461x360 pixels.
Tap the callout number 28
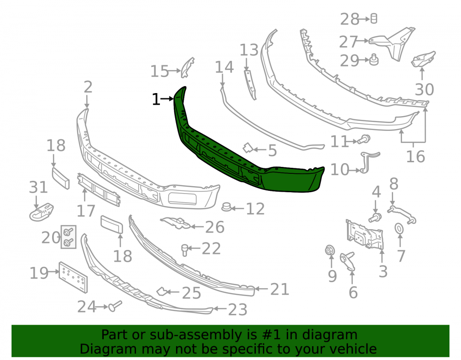(349, 19)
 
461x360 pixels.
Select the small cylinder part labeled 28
(374, 18)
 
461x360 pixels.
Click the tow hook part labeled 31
(41, 212)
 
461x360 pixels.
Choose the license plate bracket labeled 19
(73, 277)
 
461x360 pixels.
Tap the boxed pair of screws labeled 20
(69, 237)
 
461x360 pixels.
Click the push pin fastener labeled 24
(115, 306)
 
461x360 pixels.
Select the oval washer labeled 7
(399, 228)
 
